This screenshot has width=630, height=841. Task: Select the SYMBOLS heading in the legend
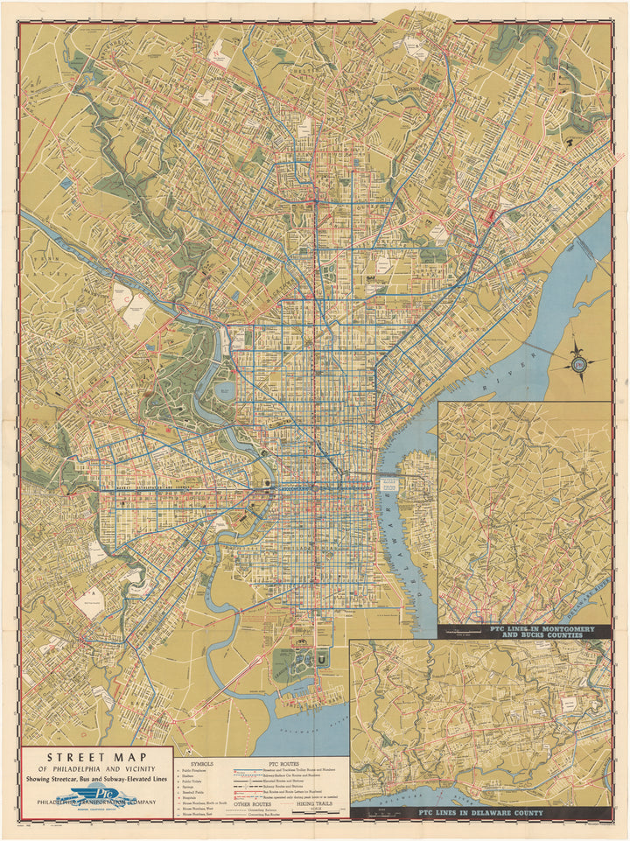point(201,763)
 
